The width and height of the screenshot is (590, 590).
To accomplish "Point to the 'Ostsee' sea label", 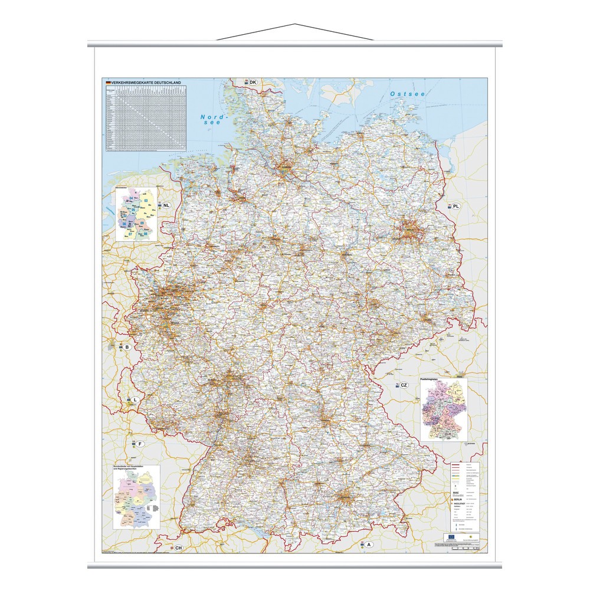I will (x=408, y=94).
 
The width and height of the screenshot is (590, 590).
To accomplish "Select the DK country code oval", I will (x=253, y=82).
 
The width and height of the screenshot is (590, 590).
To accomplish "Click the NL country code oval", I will (x=167, y=205).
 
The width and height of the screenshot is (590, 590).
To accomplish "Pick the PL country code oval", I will (x=456, y=206).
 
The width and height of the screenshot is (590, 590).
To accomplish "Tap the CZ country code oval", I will (x=404, y=385).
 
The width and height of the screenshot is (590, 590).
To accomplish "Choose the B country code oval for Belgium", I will (x=126, y=347).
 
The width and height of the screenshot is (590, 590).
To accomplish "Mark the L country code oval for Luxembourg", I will (x=135, y=400).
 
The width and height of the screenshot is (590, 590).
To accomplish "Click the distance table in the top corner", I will (x=145, y=117).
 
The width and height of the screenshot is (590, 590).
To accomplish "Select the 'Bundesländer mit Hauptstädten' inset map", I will (x=135, y=497).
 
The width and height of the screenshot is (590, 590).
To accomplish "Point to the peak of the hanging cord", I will (x=295, y=25).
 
